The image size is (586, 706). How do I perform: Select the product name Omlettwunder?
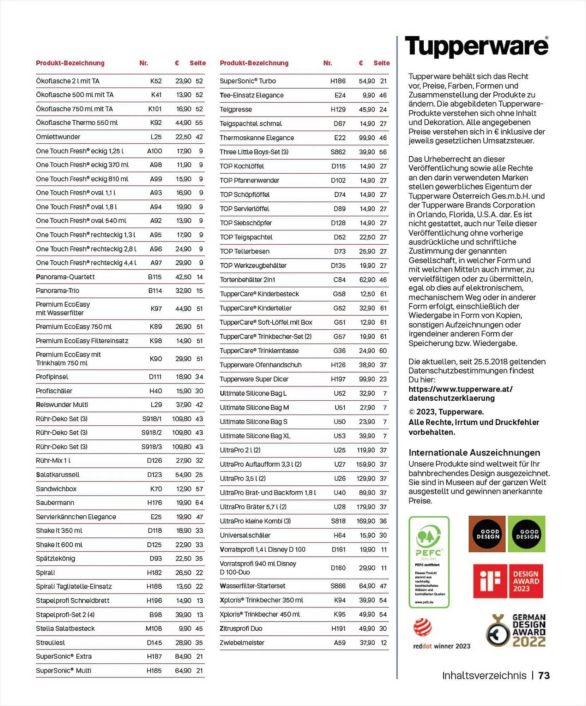coord(58,137)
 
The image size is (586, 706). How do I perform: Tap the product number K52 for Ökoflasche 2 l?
coord(156,81)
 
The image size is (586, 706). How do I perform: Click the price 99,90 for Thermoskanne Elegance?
coord(367,138)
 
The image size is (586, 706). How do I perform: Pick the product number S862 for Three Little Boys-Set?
coord(338,152)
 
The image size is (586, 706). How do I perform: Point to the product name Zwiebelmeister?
coord(242,643)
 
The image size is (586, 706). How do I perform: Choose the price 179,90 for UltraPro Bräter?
coord(366,507)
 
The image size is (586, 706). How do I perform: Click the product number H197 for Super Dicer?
coord(338,379)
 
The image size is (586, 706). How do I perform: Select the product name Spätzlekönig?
coord(55,558)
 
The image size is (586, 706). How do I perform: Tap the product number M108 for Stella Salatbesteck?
coord(153,629)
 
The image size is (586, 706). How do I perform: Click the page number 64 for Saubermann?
coord(199,503)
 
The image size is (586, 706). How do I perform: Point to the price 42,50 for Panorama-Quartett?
coord(183,277)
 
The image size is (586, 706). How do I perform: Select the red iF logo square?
coord(490,581)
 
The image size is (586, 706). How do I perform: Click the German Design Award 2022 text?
coord(528,631)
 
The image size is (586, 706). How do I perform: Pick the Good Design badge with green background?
coord(527,534)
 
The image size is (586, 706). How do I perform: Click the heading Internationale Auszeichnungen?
coord(474,453)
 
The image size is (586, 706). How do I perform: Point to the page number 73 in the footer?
coord(544,676)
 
